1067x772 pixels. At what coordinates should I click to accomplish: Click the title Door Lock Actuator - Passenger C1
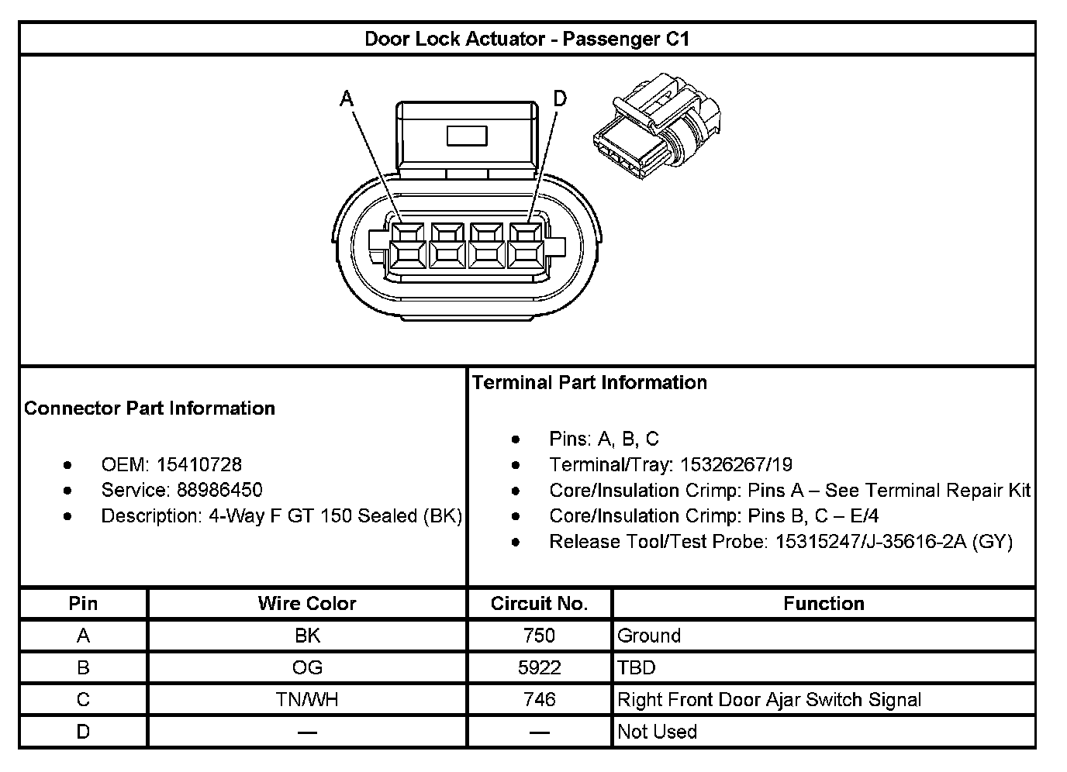coord(527,39)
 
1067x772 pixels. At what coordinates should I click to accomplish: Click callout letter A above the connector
coord(347,98)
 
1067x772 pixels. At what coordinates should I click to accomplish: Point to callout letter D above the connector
coord(560,98)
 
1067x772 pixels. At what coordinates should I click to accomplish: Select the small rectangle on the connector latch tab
coord(466,136)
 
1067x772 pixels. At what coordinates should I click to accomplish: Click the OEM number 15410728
coord(199,464)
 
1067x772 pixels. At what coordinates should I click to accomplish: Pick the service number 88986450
coord(219,490)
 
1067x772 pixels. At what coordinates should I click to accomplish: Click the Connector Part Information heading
coord(150,408)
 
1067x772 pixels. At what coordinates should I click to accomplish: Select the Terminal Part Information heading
coord(589,382)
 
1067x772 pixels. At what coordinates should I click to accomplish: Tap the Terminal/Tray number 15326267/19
coord(736,464)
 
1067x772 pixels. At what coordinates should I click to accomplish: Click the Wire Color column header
coord(307,604)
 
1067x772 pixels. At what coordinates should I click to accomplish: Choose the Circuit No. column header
coord(539,604)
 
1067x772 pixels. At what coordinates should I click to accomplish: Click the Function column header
coord(824,604)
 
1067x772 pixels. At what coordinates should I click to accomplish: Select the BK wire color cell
coord(307,636)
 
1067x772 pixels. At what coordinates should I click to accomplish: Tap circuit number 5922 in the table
coord(539,667)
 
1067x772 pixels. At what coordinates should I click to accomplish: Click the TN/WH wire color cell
coord(307,700)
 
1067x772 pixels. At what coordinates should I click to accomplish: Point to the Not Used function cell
coord(657,732)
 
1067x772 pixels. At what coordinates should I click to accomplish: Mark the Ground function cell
coord(649,636)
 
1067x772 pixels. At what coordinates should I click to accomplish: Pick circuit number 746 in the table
coord(539,700)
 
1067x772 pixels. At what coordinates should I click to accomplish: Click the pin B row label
coord(83,667)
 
